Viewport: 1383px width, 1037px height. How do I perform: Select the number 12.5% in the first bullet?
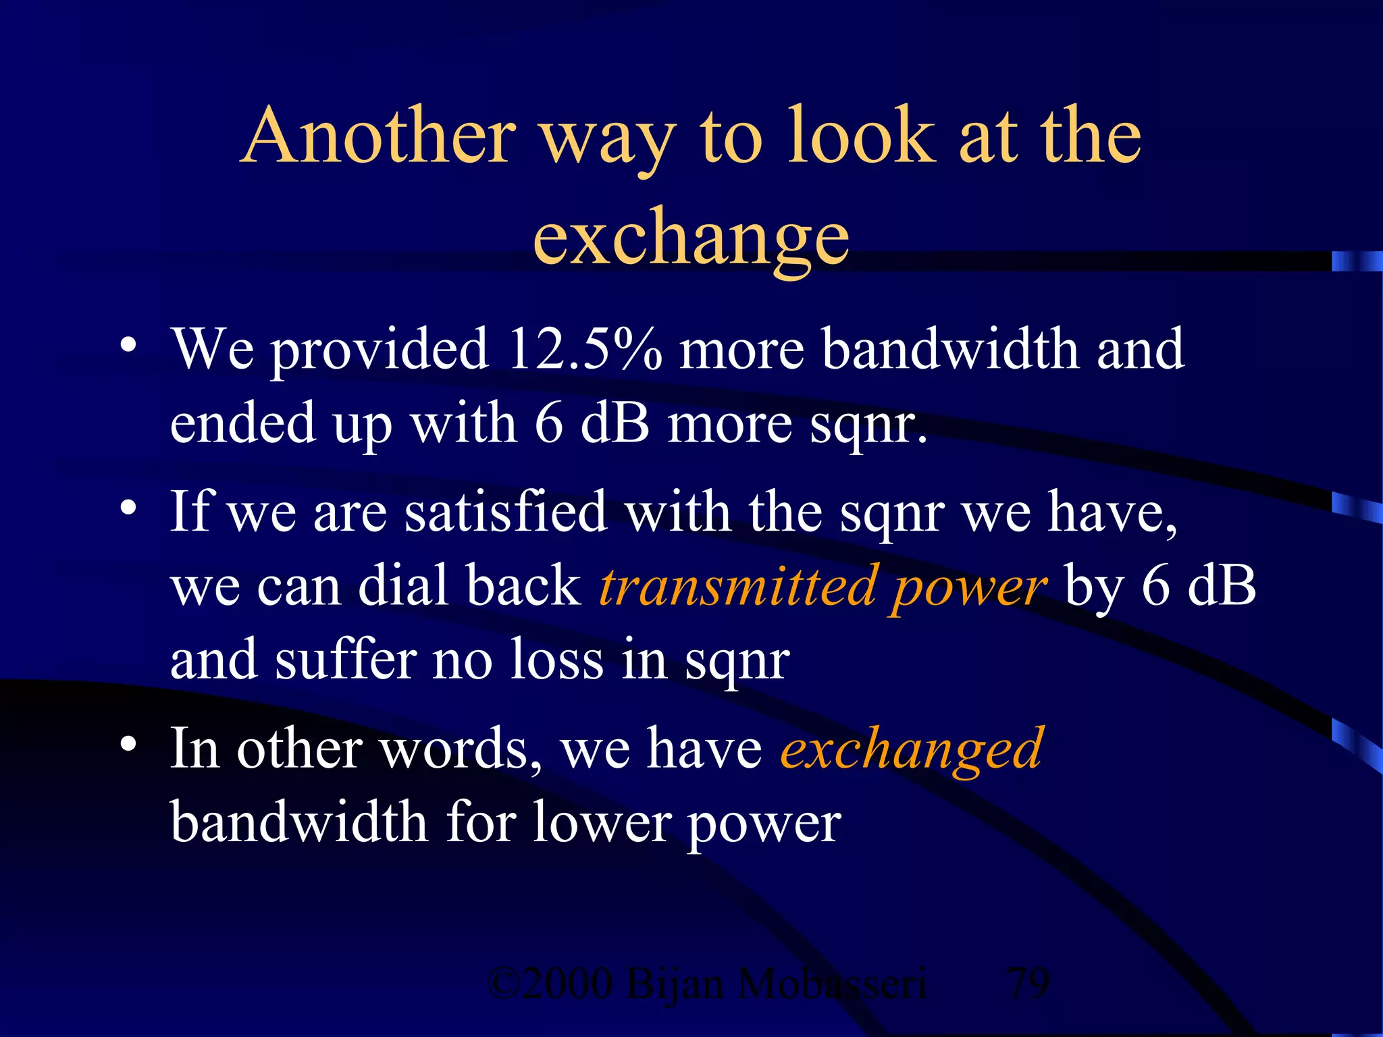click(x=585, y=349)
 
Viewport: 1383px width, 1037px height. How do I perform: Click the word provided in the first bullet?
click(x=380, y=351)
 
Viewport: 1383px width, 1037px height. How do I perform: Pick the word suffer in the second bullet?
click(x=346, y=660)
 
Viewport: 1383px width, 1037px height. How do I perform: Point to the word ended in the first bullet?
click(x=243, y=423)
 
